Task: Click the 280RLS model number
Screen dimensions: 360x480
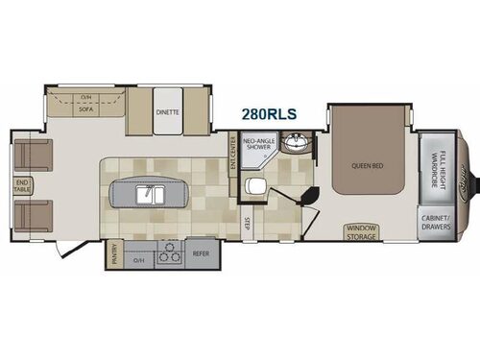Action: click(270, 114)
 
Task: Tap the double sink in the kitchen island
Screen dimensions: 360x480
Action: click(154, 195)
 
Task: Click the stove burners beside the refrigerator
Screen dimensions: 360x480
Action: click(169, 255)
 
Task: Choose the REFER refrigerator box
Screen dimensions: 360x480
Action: click(201, 255)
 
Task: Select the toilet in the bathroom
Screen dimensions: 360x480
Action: click(255, 186)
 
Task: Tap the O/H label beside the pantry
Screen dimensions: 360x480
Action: click(138, 259)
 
